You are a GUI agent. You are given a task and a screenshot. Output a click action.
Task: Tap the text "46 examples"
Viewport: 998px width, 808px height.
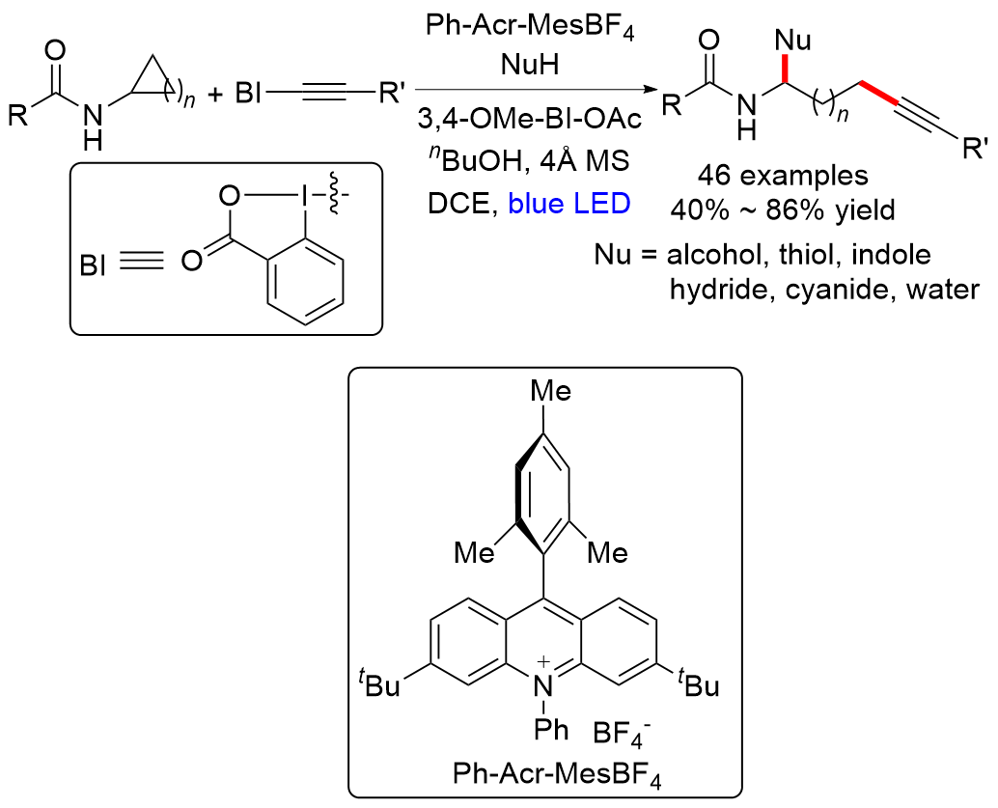[771, 177]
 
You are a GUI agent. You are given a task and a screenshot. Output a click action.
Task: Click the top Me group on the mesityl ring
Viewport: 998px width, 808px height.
[550, 391]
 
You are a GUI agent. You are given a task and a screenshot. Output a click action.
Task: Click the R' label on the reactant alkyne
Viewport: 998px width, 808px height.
[393, 96]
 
